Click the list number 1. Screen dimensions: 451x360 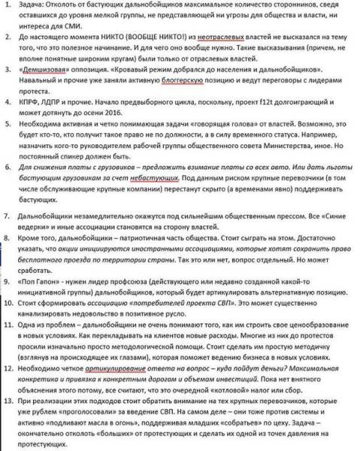pos(5,5)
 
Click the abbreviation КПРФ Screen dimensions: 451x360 pos(34,120)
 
